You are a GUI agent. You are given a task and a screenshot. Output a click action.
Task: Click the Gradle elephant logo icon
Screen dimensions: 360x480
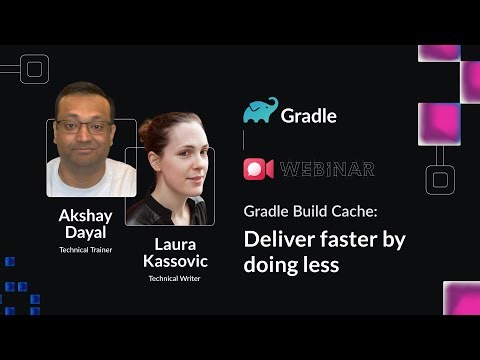260,110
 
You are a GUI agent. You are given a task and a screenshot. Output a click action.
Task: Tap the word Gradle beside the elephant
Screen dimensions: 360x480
308,113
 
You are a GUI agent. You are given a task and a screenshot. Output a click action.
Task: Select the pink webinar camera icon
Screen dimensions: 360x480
258,168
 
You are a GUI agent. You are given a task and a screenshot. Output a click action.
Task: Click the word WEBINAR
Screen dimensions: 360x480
327,169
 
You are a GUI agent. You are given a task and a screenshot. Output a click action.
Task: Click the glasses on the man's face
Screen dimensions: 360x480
86,126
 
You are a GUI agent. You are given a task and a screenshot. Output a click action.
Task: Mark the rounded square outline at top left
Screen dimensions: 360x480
35,69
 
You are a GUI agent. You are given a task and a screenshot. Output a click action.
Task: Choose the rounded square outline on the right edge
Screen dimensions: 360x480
441,180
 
